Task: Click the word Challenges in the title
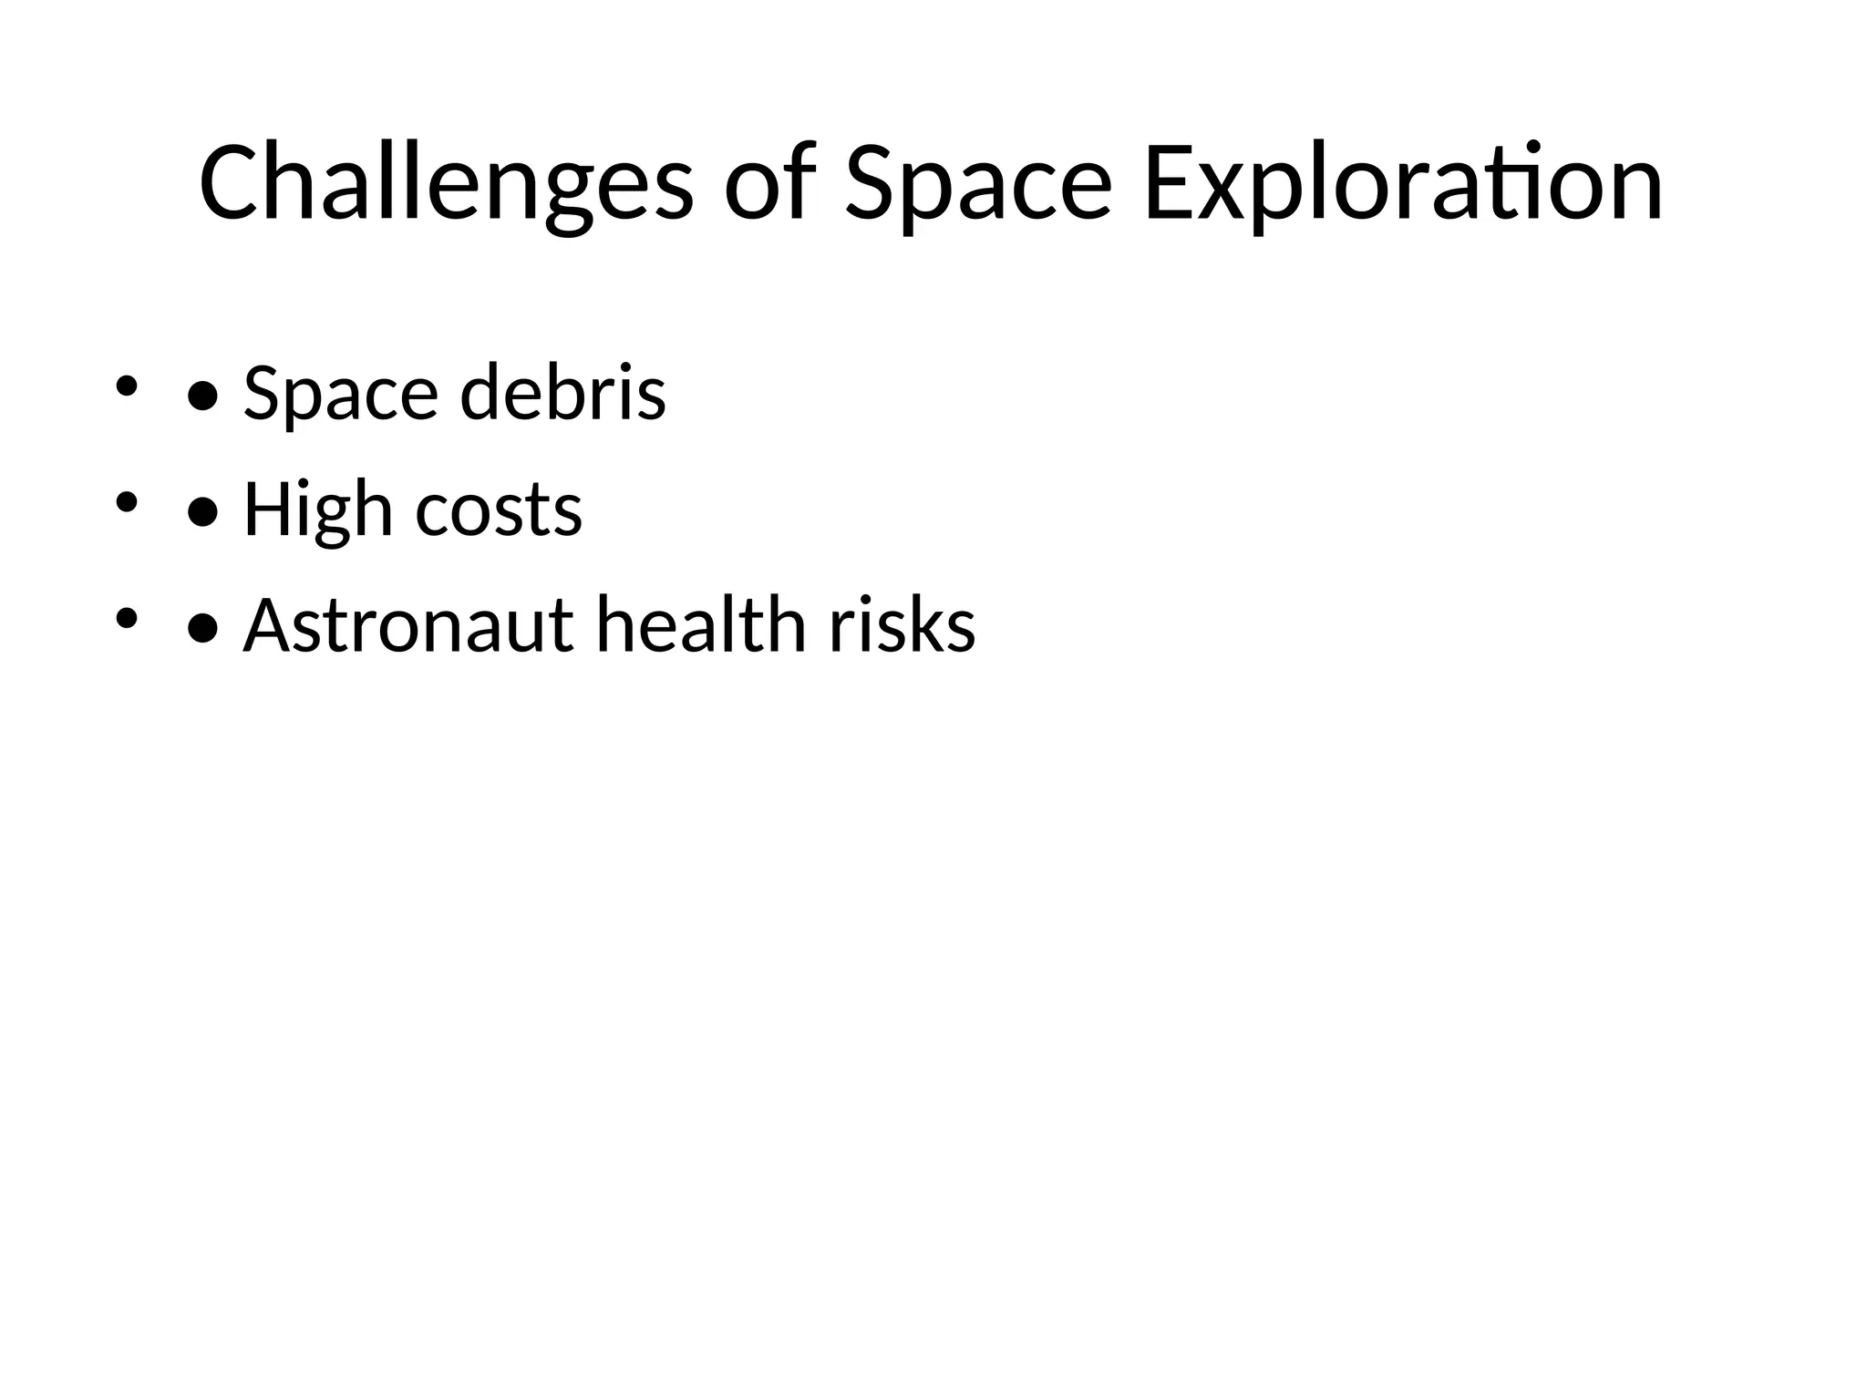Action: point(446,184)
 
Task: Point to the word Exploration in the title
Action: point(1402,184)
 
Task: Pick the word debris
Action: point(562,392)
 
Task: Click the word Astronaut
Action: point(407,626)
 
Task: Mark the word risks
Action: point(902,624)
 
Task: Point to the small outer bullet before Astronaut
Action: point(126,619)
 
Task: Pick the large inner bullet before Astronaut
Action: point(202,629)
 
